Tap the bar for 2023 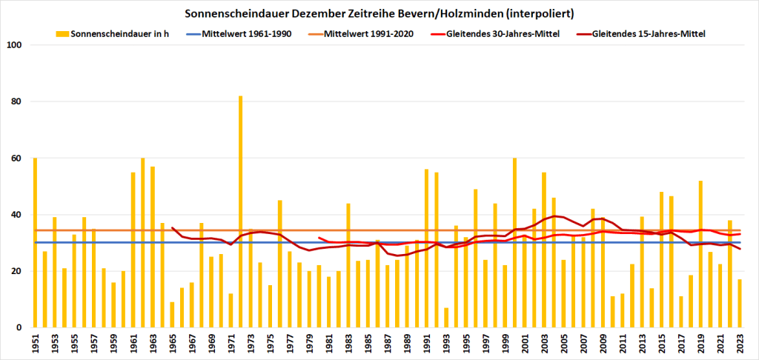tap(740, 304)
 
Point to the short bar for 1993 tap(446, 318)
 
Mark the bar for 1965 tap(172, 315)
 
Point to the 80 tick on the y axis tap(19, 101)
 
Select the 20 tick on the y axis tap(19, 271)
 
